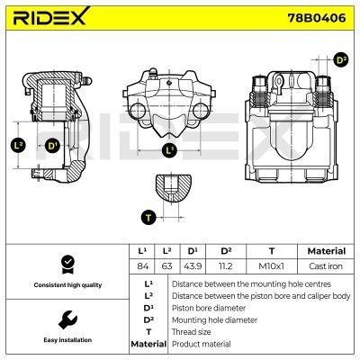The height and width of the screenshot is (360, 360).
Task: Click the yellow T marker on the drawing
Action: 148,216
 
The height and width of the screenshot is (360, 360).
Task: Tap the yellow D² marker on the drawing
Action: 340,60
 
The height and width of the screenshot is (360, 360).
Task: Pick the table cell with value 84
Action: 141,266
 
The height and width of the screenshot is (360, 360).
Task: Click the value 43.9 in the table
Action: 193,266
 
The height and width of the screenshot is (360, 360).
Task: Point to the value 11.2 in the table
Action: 227,266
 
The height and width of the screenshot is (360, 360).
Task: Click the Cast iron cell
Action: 326,266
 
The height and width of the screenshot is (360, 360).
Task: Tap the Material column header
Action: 326,251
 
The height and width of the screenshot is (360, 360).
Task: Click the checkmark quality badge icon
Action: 66,264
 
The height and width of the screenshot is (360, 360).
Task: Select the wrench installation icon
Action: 66,319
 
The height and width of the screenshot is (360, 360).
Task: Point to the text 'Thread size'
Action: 193,331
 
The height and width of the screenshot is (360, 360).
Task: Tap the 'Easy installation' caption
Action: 66,341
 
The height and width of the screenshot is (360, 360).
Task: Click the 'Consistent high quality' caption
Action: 66,285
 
